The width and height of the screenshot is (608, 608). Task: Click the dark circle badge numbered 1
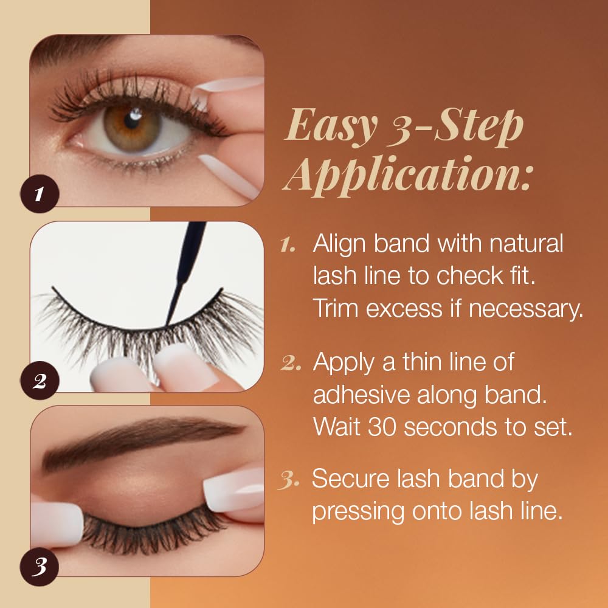(40, 194)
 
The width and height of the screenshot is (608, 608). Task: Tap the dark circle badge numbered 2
(40, 381)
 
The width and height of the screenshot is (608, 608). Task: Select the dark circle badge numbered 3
(40, 567)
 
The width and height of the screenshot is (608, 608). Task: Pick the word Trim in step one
(336, 308)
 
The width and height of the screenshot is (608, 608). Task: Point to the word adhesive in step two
(361, 395)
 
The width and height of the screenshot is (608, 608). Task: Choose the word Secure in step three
(351, 479)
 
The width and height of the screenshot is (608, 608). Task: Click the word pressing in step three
(358, 513)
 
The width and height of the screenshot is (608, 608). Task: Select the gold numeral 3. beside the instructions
(289, 481)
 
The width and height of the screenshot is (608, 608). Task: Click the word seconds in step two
(450, 427)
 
